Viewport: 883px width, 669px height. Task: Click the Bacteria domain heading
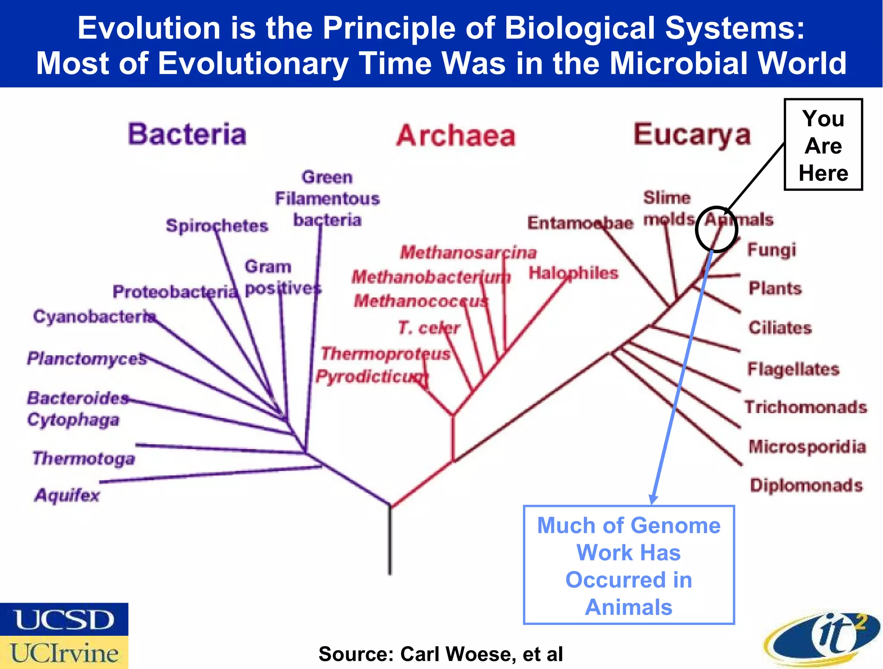pos(187,134)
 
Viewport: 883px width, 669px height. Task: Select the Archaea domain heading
pos(456,136)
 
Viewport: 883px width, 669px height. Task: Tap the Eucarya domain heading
pos(692,135)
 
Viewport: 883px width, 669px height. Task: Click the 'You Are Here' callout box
pos(823,145)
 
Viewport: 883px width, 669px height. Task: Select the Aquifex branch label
pos(67,495)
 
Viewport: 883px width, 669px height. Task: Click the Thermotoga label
pos(84,458)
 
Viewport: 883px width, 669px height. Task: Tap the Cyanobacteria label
pos(94,317)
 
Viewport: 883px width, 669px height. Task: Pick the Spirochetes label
pos(217,226)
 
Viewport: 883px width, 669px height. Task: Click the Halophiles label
pos(573,273)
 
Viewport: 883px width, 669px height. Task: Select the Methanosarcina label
pos(468,252)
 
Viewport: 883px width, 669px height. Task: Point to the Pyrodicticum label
pos(372,377)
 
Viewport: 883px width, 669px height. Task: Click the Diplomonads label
pos(806,485)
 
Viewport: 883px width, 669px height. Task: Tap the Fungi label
pos(771,250)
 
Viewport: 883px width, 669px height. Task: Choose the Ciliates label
pos(780,328)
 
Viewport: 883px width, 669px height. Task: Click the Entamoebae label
pos(580,223)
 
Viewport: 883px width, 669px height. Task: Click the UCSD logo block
pos(64,619)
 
